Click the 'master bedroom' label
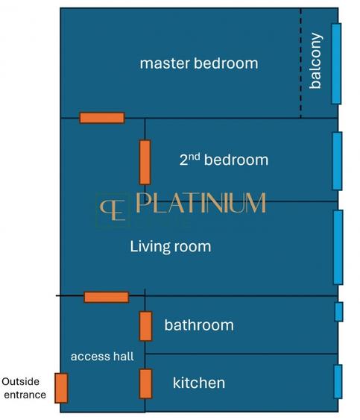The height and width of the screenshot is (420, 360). point(199,63)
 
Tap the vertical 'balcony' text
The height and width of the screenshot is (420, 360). point(316,61)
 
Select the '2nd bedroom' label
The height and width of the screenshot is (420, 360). point(223,160)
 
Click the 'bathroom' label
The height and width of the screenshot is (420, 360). point(198,325)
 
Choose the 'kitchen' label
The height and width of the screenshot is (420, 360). point(198,383)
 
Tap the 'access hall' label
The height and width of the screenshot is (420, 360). point(102,357)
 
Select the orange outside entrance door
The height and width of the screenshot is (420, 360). point(61,388)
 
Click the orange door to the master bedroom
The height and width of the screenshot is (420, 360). point(102,118)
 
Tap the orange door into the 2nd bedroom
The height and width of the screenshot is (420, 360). point(145,162)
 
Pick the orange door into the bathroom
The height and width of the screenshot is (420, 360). point(146,326)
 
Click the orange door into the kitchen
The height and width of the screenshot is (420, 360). point(146,383)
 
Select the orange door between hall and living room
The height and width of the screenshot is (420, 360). point(106,297)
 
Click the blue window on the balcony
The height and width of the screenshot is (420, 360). point(337,63)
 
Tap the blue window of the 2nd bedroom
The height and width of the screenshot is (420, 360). point(338,160)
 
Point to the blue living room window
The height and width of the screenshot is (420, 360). point(338,247)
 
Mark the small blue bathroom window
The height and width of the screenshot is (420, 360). point(339,312)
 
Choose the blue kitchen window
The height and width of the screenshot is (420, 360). point(338,382)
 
